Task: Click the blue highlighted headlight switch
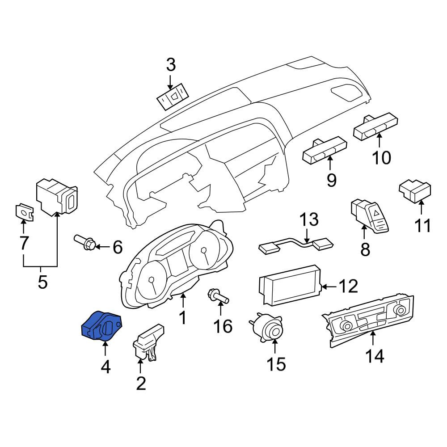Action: pos(102,326)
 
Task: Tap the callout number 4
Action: pos(105,367)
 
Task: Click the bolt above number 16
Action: pos(219,296)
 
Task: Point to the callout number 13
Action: pos(309,219)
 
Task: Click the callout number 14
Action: pos(375,356)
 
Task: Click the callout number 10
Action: pos(381,158)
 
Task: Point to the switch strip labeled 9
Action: pos(325,151)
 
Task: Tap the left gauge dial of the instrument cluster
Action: pos(151,282)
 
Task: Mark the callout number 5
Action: pos(42,282)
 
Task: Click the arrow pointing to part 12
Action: pos(329,286)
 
